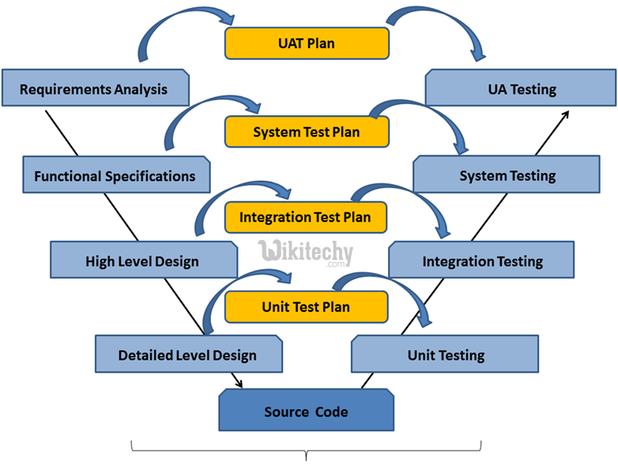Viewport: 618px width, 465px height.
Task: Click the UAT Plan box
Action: (x=307, y=43)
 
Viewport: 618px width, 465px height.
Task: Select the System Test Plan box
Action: (x=307, y=132)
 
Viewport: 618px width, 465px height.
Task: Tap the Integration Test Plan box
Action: (x=305, y=217)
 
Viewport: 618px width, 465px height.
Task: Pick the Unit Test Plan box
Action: (x=306, y=307)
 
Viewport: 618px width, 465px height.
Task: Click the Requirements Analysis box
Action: (x=95, y=88)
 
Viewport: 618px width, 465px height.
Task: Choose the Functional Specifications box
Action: (x=115, y=176)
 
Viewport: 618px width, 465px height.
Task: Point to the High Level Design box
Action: (x=143, y=261)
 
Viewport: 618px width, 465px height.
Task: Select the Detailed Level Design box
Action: (x=188, y=354)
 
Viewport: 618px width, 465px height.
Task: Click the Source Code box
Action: (x=306, y=411)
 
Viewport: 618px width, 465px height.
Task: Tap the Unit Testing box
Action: (x=445, y=354)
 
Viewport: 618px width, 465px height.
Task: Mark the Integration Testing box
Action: (x=482, y=261)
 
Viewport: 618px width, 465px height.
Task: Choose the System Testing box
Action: (x=507, y=175)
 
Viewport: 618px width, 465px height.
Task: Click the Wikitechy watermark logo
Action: (x=305, y=253)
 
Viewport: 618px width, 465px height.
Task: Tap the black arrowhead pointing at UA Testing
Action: (x=565, y=114)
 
